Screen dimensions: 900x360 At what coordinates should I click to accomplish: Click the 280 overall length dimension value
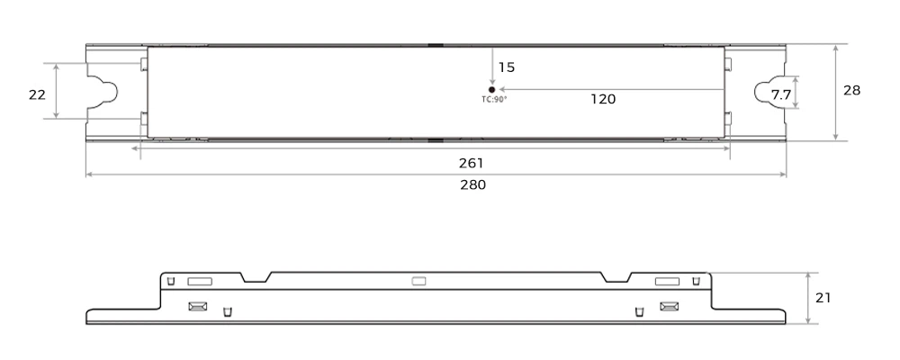473,184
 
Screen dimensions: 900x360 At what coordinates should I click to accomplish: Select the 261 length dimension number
472,163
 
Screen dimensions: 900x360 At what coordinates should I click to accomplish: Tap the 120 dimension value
603,99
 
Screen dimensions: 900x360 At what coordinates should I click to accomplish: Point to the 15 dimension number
506,67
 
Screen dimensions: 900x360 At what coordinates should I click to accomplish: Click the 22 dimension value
37,94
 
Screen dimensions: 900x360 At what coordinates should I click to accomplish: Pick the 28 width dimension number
851,90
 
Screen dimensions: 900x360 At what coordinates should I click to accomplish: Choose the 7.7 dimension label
780,94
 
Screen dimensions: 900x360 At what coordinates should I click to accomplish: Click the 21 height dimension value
823,298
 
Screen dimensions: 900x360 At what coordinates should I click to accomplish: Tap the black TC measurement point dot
492,90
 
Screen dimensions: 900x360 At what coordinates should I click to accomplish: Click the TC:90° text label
494,99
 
